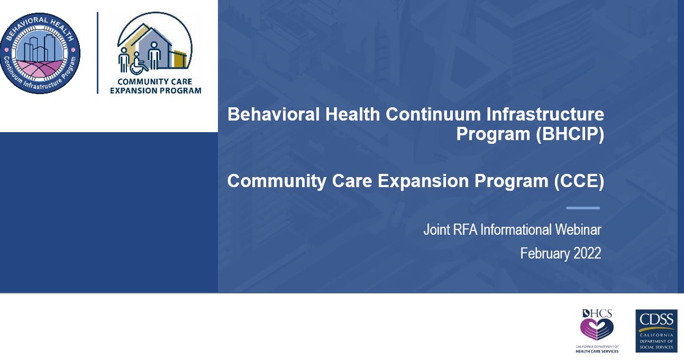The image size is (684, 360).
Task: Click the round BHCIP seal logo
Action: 40,53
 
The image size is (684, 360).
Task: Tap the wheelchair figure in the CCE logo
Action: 138,63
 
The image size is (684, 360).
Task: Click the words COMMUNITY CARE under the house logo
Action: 155,82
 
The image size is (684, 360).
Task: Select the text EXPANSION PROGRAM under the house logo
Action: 156,90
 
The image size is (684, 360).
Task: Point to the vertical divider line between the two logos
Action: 97,53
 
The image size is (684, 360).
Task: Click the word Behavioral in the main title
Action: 273,114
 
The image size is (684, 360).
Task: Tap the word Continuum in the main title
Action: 433,114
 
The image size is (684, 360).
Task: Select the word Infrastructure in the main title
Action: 545,114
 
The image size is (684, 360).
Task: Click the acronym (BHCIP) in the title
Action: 570,134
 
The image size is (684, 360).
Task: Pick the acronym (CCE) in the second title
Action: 579,181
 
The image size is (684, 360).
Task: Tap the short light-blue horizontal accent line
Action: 583,208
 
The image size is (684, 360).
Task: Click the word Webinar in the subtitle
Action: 578,230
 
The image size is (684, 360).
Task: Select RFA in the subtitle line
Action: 466,230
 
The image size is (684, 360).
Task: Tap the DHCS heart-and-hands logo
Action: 597,325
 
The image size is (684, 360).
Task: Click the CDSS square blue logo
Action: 656,331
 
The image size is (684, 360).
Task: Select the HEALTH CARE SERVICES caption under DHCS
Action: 597,352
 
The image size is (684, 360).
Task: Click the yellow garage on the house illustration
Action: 180,59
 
